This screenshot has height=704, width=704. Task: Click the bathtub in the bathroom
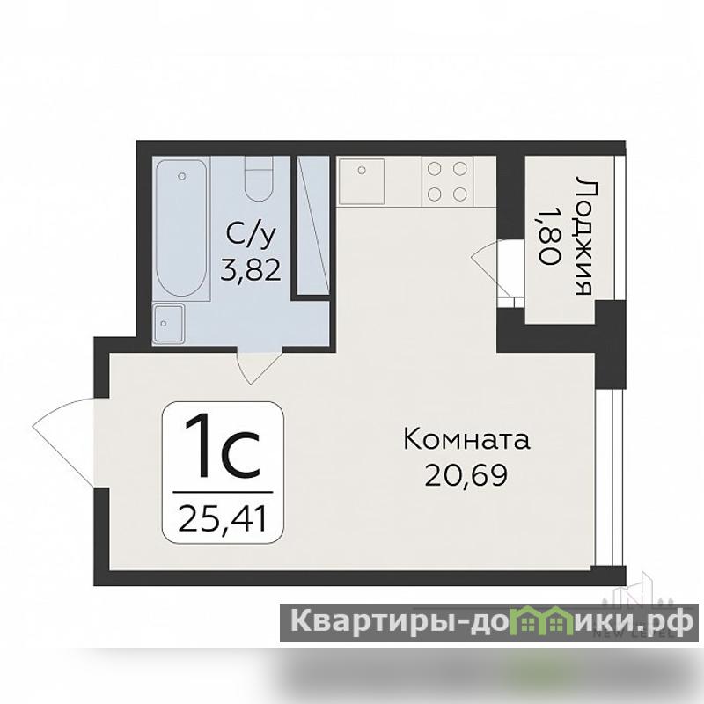pos(181,228)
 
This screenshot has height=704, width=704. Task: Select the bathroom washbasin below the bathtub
pos(168,323)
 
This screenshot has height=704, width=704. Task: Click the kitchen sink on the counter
pos(362,181)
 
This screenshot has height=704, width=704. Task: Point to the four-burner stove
pos(447,181)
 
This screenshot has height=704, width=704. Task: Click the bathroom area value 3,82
pos(251,270)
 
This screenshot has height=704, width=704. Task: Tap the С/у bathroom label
pos(251,235)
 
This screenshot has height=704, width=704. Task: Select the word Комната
pos(467,439)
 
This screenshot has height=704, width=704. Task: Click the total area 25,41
pos(223,517)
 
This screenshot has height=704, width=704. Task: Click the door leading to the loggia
pos(498,272)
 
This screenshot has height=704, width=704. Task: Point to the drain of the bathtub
pos(181,177)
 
